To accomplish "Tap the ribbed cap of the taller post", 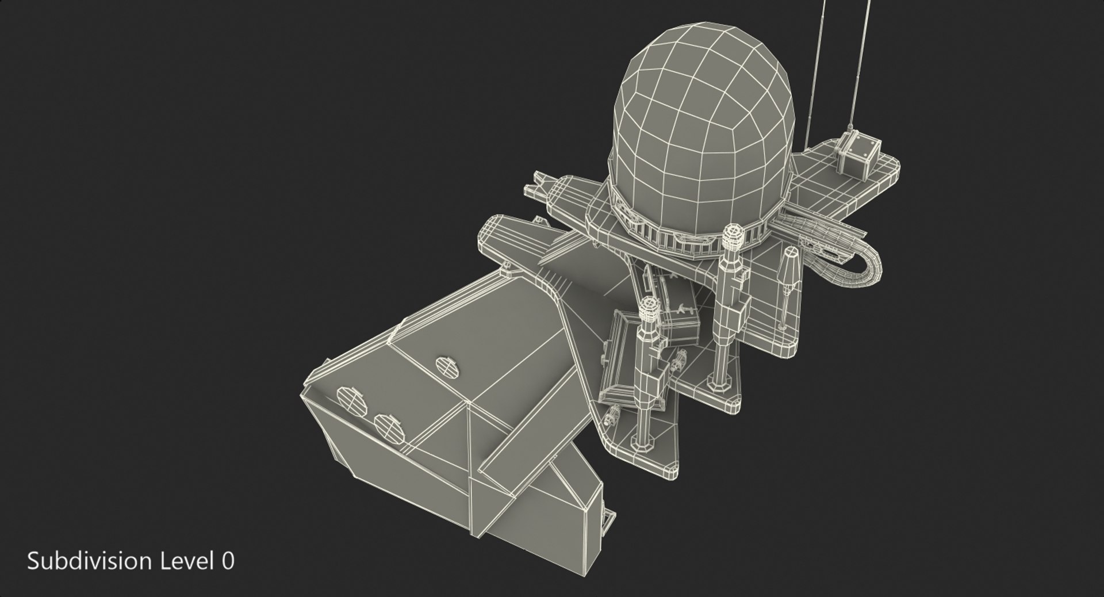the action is [x=732, y=236].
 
